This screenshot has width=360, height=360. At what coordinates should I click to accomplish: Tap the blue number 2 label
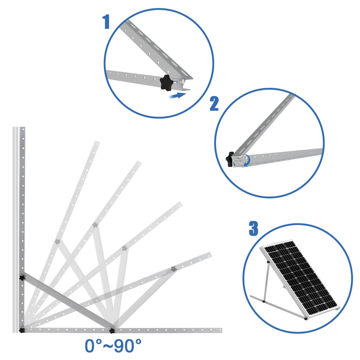(x=214, y=104)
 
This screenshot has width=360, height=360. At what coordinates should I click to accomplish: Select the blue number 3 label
(x=253, y=229)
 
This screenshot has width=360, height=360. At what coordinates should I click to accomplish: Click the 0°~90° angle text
(x=113, y=346)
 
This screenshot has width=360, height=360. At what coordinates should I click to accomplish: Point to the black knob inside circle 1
(x=166, y=83)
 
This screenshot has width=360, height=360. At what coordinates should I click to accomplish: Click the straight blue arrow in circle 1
(x=178, y=95)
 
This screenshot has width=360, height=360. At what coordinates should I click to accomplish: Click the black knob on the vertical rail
(x=22, y=278)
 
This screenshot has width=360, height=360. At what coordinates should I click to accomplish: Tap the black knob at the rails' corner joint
(x=22, y=330)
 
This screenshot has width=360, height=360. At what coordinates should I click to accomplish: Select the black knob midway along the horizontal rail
(x=112, y=330)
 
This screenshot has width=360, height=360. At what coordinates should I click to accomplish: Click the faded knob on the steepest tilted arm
(x=57, y=242)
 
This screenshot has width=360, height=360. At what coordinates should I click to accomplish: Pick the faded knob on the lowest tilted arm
(x=173, y=268)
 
